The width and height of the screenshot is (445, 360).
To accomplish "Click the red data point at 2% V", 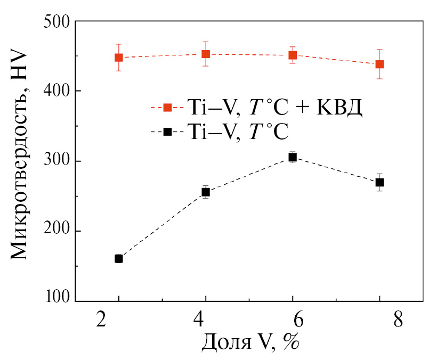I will [x=119, y=58].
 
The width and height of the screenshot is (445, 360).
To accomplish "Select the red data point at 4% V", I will [x=206, y=54].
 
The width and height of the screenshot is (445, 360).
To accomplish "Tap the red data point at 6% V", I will [x=293, y=55].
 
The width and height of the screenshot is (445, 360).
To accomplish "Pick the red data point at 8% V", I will [x=380, y=64].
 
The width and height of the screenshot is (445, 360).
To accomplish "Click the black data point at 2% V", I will [x=119, y=259].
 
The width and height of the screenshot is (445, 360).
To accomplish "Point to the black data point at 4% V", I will [x=206, y=192].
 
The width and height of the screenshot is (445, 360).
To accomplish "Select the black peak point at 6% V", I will [x=293, y=157].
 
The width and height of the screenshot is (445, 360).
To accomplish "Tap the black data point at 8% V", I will [x=380, y=182].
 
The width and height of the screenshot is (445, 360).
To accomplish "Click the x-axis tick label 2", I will [x=102, y=322].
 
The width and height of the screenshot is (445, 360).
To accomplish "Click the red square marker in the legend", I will [x=167, y=108].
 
